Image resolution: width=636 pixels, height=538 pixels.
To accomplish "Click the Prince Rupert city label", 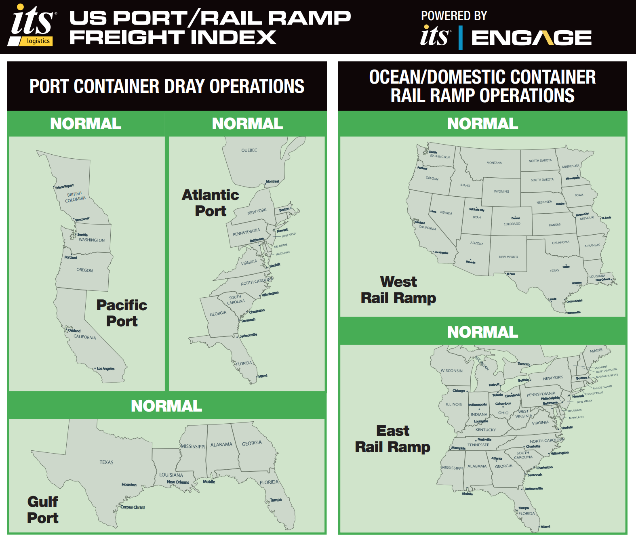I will coord(65,187).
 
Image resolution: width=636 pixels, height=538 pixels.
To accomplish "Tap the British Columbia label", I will coord(75,197).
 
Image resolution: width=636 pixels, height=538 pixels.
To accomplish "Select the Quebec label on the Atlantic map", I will coord(249,150).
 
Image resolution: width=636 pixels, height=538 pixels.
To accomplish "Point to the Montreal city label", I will coord(272,181).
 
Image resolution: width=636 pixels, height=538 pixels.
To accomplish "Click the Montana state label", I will coord(494,163).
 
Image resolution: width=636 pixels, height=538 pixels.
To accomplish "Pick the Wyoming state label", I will coord(501,191).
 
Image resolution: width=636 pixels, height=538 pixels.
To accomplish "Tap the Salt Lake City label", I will coord(476,210).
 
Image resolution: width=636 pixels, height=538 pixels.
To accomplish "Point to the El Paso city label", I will coord(511,274).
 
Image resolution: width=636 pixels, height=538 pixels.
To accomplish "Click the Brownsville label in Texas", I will coord(574,313).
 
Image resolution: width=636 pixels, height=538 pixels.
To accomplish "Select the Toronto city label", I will coord(523,364).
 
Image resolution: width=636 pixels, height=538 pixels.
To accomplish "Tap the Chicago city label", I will coord(459,391).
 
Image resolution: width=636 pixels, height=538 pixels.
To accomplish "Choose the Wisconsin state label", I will coord(451,370).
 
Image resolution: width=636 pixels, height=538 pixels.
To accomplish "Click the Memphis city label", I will coord(458,448).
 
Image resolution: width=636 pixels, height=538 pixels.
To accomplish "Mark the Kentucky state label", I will coord(485,430).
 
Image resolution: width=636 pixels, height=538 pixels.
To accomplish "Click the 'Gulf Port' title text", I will coord(43,510).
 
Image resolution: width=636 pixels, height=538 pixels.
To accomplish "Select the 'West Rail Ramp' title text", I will coord(398,290).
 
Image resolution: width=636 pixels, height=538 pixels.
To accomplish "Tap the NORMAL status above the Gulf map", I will coord(166,406).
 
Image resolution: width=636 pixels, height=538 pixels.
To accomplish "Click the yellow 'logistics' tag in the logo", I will coord(38,41).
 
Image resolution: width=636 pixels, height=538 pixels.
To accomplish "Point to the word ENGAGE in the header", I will coord(531,38).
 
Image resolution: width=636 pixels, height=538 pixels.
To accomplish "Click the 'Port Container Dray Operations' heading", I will coord(167,86).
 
